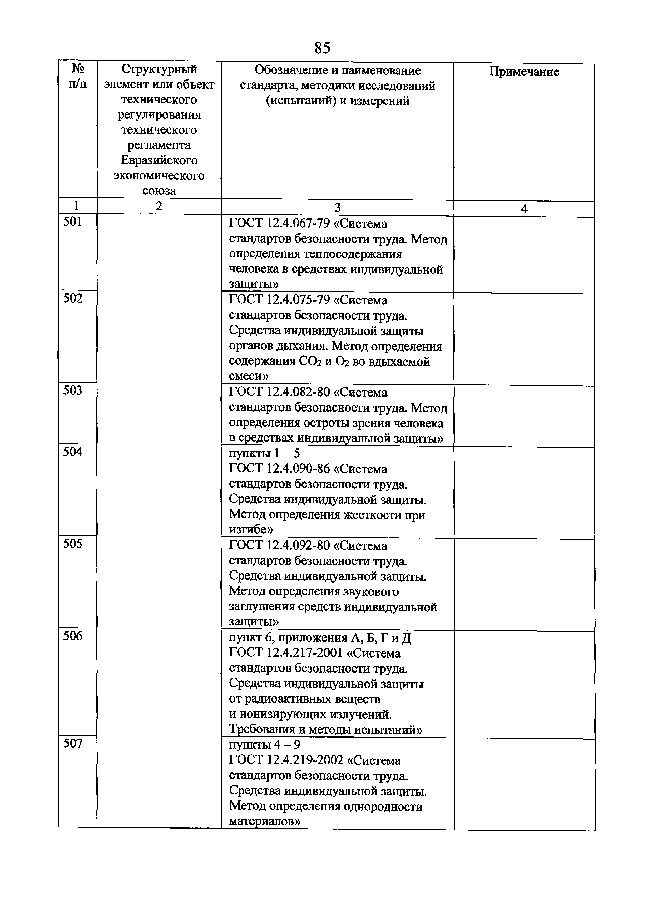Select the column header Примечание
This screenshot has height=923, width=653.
tap(524, 72)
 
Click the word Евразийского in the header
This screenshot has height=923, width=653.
tap(159, 160)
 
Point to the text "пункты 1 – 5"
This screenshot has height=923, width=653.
tap(264, 453)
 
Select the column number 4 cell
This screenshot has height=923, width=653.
tap(524, 209)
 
